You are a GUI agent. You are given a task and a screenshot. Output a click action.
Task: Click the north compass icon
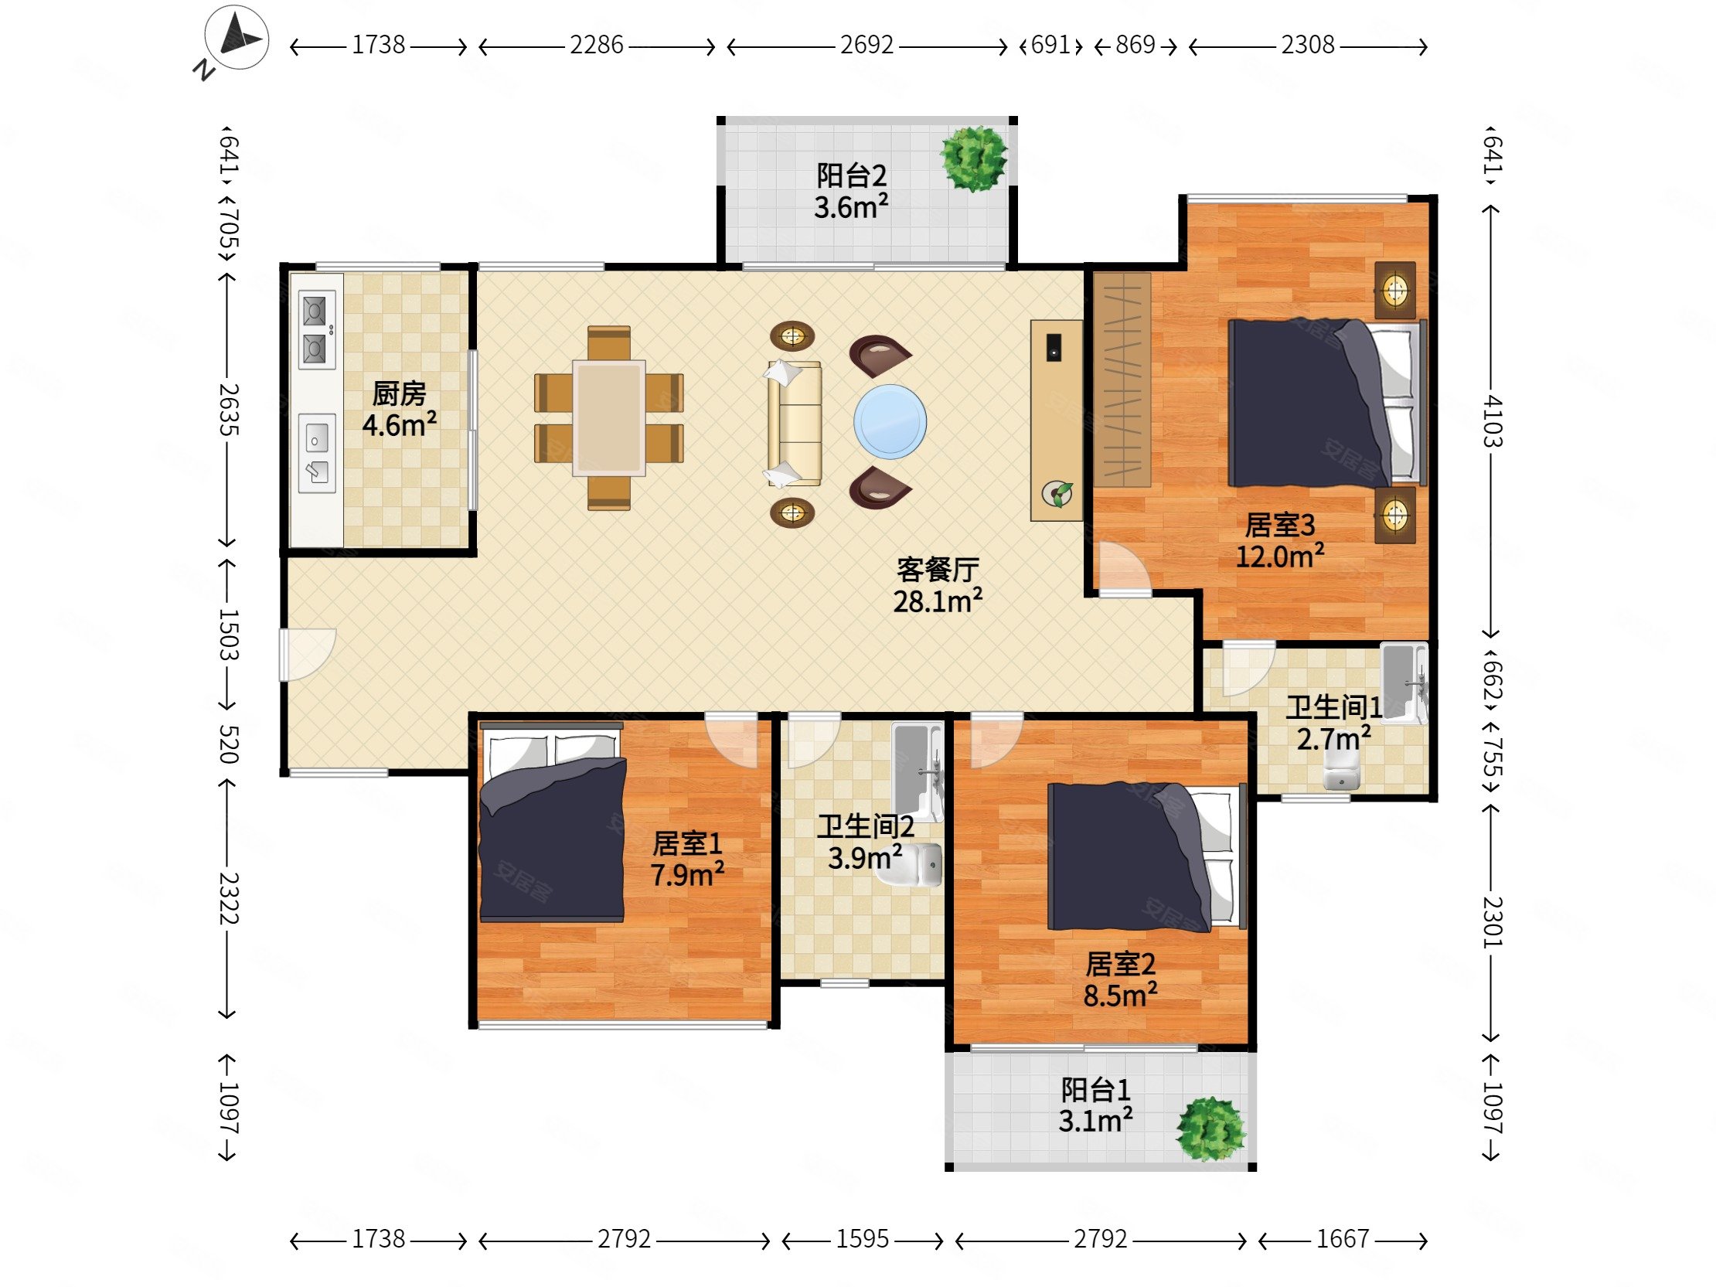coord(237,39)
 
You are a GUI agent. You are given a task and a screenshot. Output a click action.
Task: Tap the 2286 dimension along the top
coord(596,46)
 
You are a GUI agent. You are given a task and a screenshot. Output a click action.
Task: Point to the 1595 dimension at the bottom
coord(862,1240)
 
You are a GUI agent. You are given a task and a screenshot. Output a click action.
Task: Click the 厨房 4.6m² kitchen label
coord(399,409)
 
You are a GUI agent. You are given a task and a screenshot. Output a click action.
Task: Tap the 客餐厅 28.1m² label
coord(938,586)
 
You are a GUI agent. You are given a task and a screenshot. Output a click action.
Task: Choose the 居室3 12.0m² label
coord(1279,541)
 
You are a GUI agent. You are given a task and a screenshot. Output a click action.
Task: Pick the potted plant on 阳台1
coord(1210,1129)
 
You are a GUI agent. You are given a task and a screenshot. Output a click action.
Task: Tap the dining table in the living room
coord(609,418)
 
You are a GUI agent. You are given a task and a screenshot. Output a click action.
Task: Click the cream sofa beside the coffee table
coord(794,424)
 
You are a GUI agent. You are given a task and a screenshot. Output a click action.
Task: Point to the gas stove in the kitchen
coord(317,330)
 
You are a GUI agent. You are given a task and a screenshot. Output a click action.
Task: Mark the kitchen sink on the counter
coord(317,453)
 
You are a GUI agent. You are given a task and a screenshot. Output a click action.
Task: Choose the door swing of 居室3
coord(1123,568)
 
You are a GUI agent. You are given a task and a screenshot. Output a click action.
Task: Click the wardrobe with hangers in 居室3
coord(1122,380)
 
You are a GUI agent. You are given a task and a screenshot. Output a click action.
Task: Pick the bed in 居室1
coord(552,822)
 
